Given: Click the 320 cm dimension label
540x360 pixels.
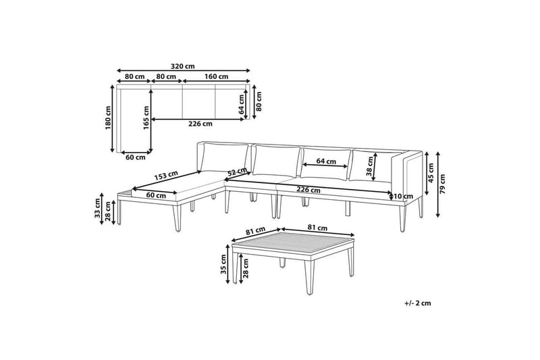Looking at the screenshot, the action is pos(182,66).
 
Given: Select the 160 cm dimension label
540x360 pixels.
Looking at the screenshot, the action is pos(216,76).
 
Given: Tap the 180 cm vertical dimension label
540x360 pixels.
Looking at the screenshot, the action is pos(109,118).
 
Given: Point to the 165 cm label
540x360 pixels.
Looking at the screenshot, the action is pos(146,118).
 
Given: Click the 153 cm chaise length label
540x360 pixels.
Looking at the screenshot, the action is pos(166,176).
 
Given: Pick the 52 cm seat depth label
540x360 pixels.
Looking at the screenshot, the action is pos(238,172).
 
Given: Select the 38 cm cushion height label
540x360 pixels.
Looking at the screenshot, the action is pos(370,166).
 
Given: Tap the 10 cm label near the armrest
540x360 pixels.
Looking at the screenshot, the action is pos(403,197).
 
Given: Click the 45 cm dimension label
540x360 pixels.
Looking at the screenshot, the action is pos(431,173).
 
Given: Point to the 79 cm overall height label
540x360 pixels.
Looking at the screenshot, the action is pos(442,184).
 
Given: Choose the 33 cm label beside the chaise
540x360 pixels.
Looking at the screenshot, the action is pos(97,208).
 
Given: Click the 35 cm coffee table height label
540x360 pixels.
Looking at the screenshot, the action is pos(223,264).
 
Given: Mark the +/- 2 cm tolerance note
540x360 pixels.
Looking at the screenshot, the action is pos(418,303).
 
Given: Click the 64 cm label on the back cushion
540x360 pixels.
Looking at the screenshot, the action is pos(326,161).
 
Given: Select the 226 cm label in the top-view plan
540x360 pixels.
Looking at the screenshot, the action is pos(200,124).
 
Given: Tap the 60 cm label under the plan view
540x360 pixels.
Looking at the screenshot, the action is pos(136,157).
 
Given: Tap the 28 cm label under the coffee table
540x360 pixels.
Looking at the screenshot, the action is pos(246,269).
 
